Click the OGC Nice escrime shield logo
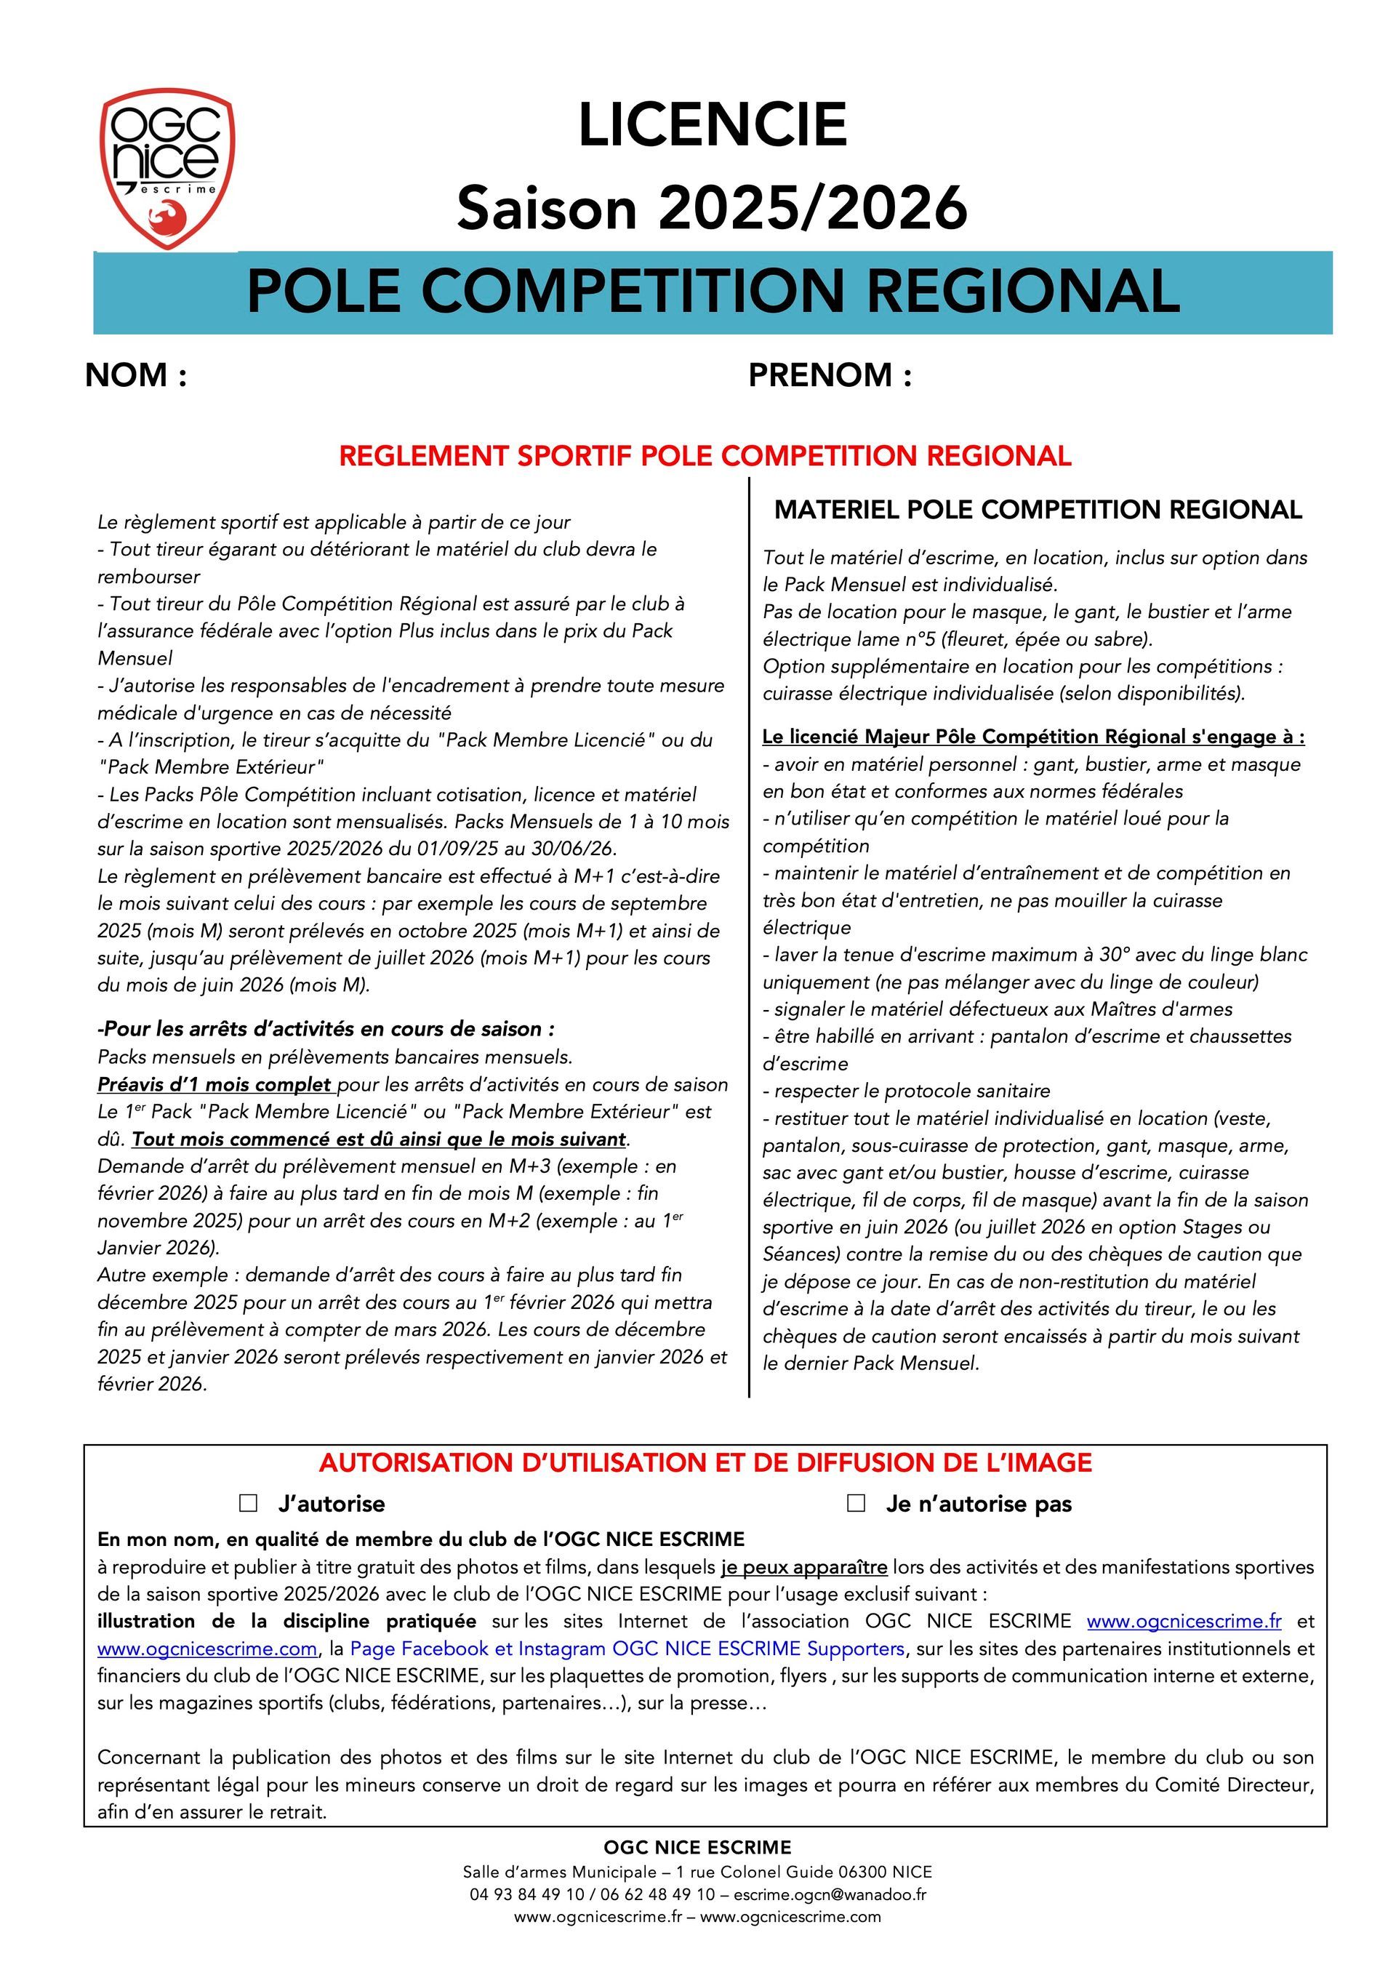point(168,168)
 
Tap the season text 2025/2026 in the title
point(813,208)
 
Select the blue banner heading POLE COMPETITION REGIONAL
point(713,291)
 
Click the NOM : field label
point(136,375)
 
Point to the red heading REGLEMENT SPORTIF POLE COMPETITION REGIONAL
point(705,456)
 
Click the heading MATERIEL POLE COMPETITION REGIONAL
point(1038,509)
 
